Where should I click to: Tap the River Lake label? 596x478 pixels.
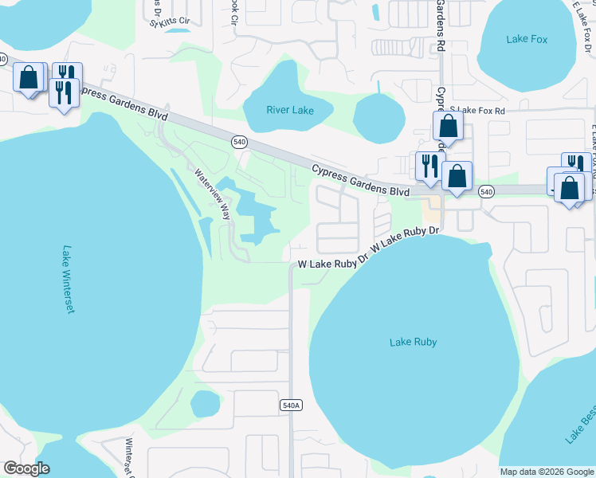tap(290, 110)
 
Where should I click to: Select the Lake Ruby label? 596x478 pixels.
tap(414, 342)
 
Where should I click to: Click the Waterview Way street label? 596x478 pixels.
tap(213, 192)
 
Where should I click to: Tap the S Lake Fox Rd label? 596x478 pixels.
tap(477, 111)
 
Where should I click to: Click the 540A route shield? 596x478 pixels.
tap(292, 406)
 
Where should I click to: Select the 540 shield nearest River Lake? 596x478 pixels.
tap(239, 142)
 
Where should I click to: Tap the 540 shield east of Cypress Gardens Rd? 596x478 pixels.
tap(486, 191)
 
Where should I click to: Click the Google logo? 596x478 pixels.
tap(26, 468)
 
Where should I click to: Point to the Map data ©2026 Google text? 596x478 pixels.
tap(547, 472)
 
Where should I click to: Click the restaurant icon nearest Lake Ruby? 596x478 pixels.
tap(430, 166)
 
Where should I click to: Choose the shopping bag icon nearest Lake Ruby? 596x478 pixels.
tap(457, 177)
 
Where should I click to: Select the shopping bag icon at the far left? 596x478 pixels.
tap(29, 78)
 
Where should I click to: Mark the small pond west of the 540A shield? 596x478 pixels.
tap(205, 404)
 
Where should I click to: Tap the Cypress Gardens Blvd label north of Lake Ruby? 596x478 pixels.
tap(360, 181)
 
